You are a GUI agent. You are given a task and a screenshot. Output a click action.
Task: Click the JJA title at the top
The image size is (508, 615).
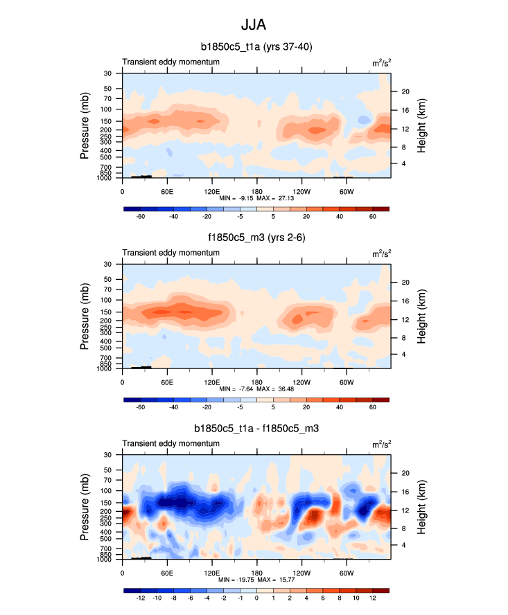tap(254, 25)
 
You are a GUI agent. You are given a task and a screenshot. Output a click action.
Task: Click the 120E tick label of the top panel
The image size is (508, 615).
tap(212, 191)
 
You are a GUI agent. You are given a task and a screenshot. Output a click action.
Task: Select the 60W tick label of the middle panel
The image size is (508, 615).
tap(347, 382)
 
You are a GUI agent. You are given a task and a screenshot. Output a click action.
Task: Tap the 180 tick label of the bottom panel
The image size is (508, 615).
tap(257, 573)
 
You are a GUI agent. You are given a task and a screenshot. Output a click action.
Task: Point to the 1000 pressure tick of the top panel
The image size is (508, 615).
tap(108, 178)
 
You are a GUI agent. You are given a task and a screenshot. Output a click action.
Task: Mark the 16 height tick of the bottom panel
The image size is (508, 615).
tap(405, 492)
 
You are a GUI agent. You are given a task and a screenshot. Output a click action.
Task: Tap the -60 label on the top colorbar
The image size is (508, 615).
tap(141, 217)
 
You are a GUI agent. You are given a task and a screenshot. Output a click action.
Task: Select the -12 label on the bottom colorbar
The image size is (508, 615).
tap(141, 599)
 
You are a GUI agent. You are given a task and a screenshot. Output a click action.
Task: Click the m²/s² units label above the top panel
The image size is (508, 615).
tap(380, 62)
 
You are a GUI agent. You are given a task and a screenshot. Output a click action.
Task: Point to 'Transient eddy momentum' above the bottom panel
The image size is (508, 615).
tap(171, 443)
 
